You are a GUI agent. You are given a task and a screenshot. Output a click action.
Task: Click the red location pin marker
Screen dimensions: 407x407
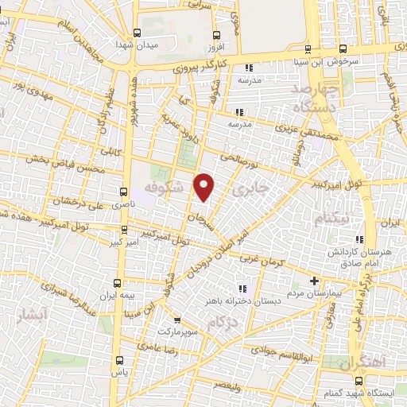[x=204, y=188]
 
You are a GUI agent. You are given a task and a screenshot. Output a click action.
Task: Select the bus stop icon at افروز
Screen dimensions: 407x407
[x=217, y=35]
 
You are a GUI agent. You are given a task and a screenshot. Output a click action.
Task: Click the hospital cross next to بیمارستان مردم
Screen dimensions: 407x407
[x=314, y=281]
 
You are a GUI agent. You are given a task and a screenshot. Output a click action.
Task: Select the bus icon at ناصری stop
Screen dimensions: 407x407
[x=122, y=192]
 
